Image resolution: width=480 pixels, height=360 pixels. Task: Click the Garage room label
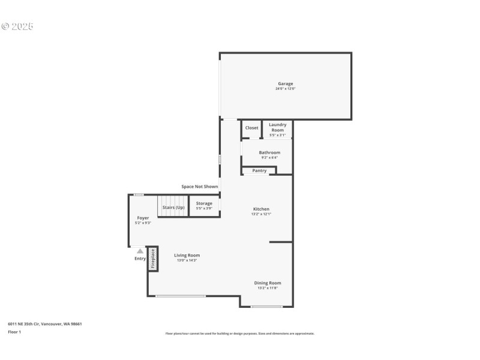pyautogui.click(x=285, y=83)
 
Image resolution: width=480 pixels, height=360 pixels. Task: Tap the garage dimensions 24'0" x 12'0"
pyautogui.click(x=285, y=89)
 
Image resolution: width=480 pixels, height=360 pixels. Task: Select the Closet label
pyautogui.click(x=252, y=128)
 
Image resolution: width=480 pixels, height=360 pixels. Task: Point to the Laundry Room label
pyautogui.click(x=277, y=127)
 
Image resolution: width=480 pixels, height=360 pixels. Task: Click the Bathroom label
pyautogui.click(x=269, y=152)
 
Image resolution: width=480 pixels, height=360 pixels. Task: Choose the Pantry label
pyautogui.click(x=259, y=171)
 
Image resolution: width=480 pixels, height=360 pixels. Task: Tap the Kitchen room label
pyautogui.click(x=261, y=209)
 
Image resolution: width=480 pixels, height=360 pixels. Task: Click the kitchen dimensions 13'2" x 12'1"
pyautogui.click(x=261, y=214)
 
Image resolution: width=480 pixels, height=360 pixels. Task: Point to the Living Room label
pyautogui.click(x=187, y=255)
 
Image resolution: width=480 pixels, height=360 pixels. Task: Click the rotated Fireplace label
pyautogui.click(x=153, y=259)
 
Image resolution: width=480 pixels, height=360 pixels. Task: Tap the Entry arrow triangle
pyautogui.click(x=140, y=251)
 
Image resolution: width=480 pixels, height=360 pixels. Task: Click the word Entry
pyautogui.click(x=140, y=259)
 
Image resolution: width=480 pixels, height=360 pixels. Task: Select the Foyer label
pyautogui.click(x=143, y=218)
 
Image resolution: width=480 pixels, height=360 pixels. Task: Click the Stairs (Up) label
pyautogui.click(x=173, y=207)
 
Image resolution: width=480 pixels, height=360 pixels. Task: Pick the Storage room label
pyautogui.click(x=204, y=203)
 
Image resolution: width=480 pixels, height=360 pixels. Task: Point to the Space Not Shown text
pyautogui.click(x=200, y=187)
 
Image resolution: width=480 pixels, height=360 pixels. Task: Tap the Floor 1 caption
pyautogui.click(x=14, y=332)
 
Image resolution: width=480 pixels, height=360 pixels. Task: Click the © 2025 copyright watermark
pyautogui.click(x=17, y=26)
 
